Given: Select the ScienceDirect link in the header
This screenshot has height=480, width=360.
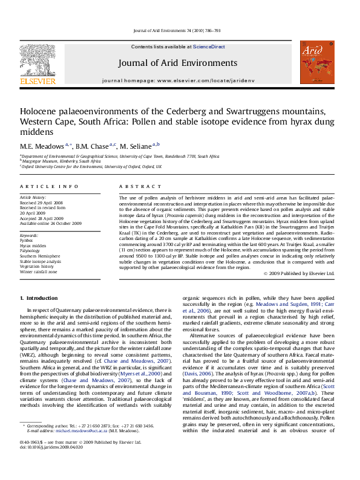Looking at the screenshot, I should (209, 47).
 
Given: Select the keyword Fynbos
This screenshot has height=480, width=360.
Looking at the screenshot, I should (28, 239).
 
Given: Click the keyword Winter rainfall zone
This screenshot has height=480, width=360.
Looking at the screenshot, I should (38, 272).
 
